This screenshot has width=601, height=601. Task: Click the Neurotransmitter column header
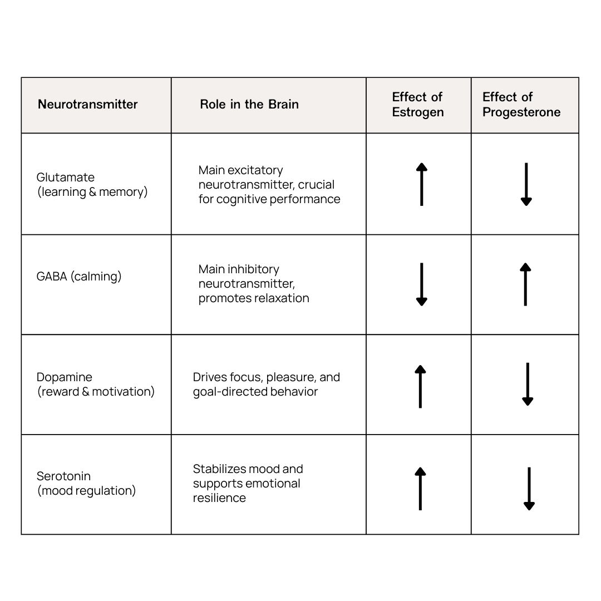(87, 104)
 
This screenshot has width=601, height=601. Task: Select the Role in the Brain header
(249, 104)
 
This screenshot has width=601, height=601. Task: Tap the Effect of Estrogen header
(417, 105)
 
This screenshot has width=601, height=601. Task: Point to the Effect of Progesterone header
(521, 105)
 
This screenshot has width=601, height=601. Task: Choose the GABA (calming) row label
(79, 277)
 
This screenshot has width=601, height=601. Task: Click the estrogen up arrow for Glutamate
(422, 184)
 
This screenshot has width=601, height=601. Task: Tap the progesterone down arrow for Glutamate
(526, 184)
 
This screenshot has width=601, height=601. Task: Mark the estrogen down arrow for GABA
(422, 284)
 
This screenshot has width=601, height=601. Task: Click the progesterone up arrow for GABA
(525, 284)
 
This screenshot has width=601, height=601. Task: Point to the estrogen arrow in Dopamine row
(420, 386)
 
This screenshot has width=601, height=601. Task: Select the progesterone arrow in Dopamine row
(528, 384)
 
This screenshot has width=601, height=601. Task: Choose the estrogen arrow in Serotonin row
(420, 489)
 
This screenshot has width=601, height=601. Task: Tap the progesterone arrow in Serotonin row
(529, 489)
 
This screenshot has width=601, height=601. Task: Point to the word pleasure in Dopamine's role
(289, 377)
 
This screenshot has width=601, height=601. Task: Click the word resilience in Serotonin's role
(219, 498)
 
